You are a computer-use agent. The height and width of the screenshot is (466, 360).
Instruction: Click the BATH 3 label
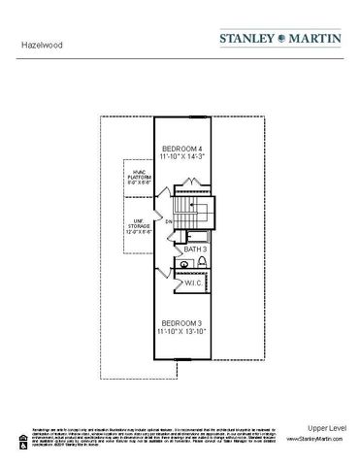tap(195, 250)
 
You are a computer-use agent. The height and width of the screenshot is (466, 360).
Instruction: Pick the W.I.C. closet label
tap(192, 283)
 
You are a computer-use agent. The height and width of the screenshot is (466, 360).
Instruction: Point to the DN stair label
tap(169, 222)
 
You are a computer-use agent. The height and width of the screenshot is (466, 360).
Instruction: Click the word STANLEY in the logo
tap(253, 38)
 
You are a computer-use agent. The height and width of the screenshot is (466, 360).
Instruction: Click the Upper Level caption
tap(323, 428)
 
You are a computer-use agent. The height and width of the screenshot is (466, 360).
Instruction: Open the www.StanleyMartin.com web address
tap(315, 440)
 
